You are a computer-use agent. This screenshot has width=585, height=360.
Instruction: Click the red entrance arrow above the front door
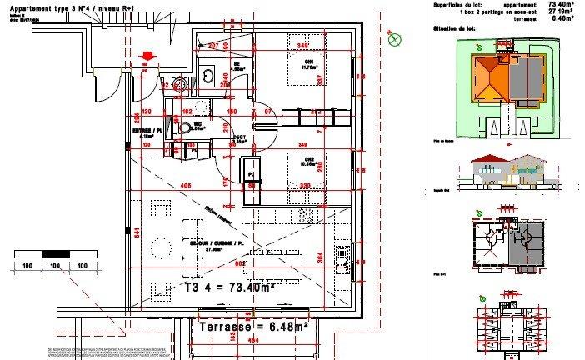147,57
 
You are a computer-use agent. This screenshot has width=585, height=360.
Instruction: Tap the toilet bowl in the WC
184,128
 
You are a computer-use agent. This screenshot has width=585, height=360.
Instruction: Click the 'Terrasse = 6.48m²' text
254,327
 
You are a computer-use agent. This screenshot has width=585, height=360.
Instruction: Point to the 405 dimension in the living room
186,185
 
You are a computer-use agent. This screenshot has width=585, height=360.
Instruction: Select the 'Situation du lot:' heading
454,27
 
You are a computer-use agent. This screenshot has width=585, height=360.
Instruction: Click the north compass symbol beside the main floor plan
394,35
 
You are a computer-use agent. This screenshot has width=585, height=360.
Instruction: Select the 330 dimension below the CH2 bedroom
306,185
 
